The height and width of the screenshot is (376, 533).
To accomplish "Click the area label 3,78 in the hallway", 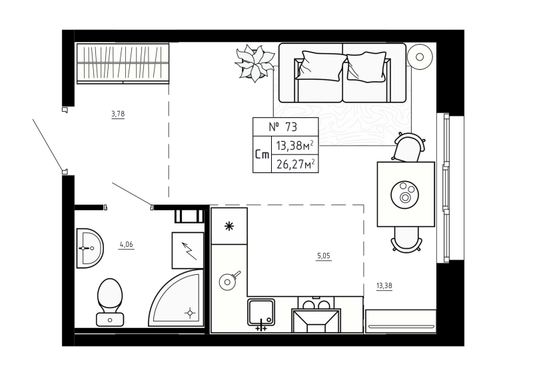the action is pyautogui.click(x=118, y=114).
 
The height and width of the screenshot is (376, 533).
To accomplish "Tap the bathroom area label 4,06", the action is pyautogui.click(x=126, y=244).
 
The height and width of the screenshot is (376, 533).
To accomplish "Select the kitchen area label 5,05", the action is pyautogui.click(x=324, y=256).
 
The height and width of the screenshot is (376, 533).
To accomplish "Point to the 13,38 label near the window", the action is pyautogui.click(x=384, y=285).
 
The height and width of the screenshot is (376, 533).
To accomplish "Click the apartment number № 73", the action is pyautogui.click(x=282, y=127).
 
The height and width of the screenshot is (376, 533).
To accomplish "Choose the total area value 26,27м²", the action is pyautogui.click(x=295, y=164).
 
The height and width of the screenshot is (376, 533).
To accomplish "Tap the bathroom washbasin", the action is pyautogui.click(x=90, y=248).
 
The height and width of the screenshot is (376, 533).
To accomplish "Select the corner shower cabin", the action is pyautogui.click(x=176, y=298).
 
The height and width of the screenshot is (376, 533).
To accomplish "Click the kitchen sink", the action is pyautogui.click(x=261, y=312).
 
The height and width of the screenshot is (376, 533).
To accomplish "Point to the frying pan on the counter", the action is pyautogui.click(x=229, y=281).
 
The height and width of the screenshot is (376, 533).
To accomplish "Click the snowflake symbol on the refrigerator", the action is pyautogui.click(x=229, y=226).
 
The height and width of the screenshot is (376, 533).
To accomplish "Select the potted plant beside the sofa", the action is pyautogui.click(x=255, y=63).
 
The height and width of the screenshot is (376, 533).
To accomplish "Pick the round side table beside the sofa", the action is pyautogui.click(x=420, y=57).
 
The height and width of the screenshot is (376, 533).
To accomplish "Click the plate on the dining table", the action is pyautogui.click(x=404, y=194).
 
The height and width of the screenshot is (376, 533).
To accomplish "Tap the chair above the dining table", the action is pyautogui.click(x=408, y=147).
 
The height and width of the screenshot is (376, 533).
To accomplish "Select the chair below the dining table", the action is pyautogui.click(x=406, y=240).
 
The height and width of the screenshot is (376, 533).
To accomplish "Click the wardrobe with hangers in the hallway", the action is pyautogui.click(x=123, y=63).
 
